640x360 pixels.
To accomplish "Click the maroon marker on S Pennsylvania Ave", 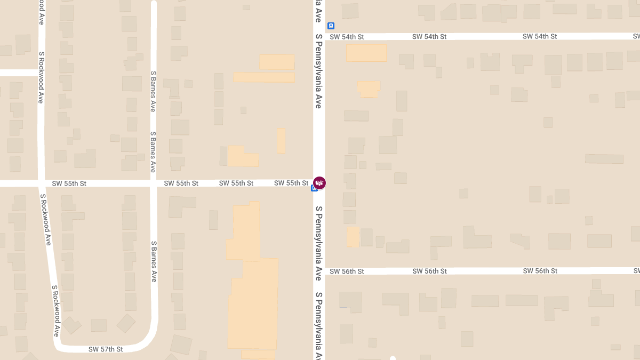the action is click(x=319, y=183).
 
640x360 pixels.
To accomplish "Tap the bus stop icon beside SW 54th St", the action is click(x=331, y=26).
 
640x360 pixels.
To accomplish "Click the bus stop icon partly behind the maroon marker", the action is click(x=314, y=188).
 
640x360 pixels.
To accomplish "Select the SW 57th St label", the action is click(x=106, y=349).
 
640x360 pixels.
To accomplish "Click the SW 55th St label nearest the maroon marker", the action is click(x=291, y=183).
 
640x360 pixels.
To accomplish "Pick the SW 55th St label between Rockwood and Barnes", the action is click(x=69, y=183).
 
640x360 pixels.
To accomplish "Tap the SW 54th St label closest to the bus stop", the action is click(x=347, y=37).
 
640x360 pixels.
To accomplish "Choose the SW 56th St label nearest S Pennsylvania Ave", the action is click(x=347, y=271).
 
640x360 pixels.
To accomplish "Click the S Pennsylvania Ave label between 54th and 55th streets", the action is click(x=318, y=71).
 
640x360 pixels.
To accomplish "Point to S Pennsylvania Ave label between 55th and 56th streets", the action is click(x=318, y=243).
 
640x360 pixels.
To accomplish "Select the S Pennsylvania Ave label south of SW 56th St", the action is click(x=318, y=325).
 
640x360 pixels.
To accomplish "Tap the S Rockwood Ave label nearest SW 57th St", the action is click(x=55, y=310).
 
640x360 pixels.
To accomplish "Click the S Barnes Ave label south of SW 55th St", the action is click(x=154, y=261).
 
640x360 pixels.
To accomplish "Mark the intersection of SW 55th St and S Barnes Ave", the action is click(x=154, y=183).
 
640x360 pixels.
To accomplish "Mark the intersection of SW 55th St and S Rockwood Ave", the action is click(x=41, y=183).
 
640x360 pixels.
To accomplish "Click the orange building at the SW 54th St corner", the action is click(x=366, y=53).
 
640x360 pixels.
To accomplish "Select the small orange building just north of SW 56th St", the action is click(x=353, y=237).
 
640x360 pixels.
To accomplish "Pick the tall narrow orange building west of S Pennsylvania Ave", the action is click(x=281, y=140).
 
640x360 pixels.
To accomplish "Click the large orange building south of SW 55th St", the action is click(x=253, y=288).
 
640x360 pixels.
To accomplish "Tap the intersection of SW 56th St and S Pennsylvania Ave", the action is click(x=319, y=271).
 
